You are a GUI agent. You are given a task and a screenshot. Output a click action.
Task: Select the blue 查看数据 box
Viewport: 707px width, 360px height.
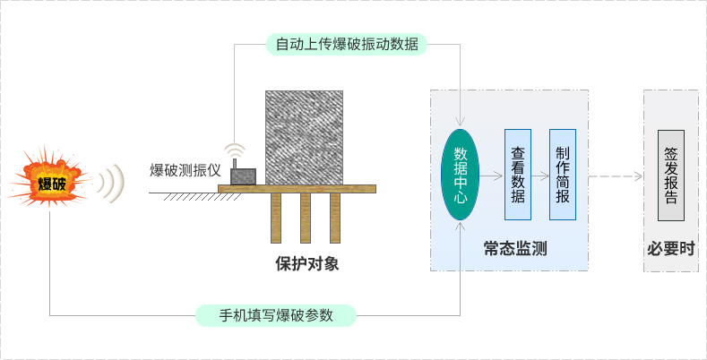click(x=517, y=176)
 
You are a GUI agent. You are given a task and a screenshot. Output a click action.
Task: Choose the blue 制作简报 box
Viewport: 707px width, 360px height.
click(x=562, y=176)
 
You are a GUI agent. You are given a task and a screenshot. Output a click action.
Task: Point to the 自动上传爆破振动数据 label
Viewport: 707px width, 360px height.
click(x=347, y=43)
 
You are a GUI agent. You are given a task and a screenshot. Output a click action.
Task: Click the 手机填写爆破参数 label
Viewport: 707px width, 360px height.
click(x=276, y=315)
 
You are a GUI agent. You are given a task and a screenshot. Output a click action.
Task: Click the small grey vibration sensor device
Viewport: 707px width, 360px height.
click(x=243, y=176)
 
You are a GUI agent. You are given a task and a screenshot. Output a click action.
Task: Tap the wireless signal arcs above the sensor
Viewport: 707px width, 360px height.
click(x=235, y=150)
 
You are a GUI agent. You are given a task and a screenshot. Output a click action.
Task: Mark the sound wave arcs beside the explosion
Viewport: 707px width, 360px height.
click(x=110, y=184)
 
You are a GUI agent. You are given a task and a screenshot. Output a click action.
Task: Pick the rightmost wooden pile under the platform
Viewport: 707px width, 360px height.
click(x=336, y=218)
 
